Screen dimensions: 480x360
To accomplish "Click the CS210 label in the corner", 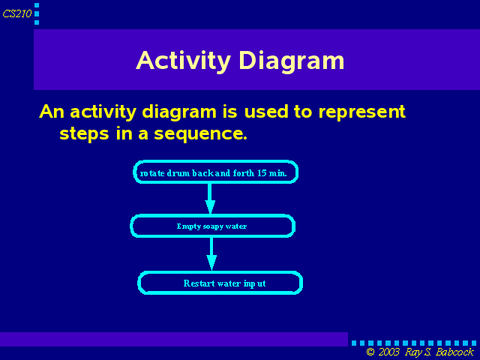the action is (x=17, y=13).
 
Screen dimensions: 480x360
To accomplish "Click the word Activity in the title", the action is (x=183, y=61).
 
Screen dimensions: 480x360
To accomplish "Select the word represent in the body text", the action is (x=361, y=112).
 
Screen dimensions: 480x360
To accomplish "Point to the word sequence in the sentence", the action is (x=200, y=133).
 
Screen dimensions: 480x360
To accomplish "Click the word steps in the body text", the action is (x=84, y=133).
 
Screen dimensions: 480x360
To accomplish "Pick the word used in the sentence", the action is (x=266, y=112).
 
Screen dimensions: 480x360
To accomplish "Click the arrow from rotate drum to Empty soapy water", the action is (x=210, y=199).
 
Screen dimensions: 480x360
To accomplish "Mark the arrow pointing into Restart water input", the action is (x=211, y=254).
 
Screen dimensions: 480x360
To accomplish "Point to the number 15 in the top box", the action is (x=262, y=173).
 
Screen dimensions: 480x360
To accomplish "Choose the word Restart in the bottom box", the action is (x=199, y=283).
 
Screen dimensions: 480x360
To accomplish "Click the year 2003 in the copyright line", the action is (x=389, y=352).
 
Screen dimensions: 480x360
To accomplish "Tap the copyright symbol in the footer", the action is (x=370, y=352).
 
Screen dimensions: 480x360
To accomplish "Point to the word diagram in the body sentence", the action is (x=179, y=112).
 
